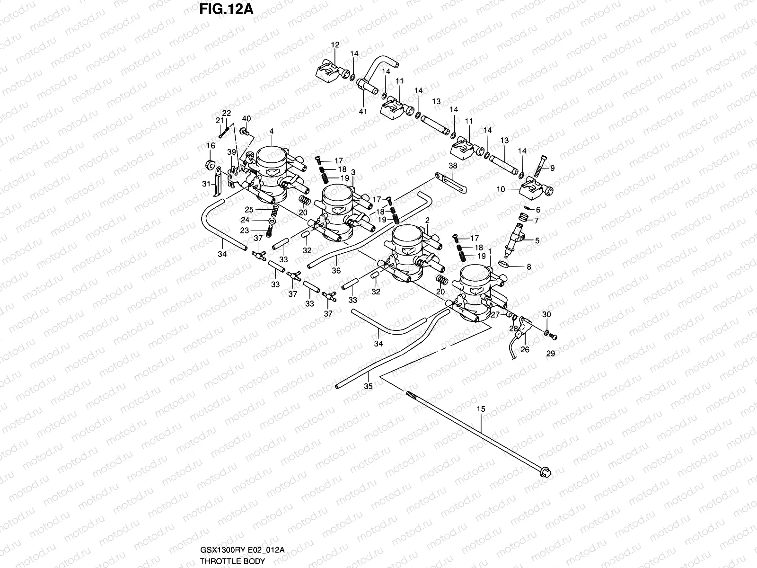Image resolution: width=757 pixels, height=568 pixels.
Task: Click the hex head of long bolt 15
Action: point(545,471)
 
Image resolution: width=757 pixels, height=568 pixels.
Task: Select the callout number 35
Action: point(368,386)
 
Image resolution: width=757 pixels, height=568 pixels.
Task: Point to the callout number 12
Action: point(335,45)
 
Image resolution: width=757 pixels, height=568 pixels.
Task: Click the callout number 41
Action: point(363,112)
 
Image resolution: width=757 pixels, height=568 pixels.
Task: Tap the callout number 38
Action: point(453,167)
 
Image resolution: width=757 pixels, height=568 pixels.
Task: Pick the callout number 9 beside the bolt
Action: point(553,168)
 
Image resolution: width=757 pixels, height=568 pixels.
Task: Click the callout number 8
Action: point(529,267)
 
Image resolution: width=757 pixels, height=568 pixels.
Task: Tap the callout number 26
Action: point(525,350)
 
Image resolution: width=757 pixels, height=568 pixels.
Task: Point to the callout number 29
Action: point(551,353)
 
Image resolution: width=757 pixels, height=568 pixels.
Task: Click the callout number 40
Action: point(246,118)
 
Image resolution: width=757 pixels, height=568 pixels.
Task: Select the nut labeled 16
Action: point(208,165)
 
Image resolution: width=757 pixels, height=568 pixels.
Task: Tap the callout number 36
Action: point(336,271)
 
